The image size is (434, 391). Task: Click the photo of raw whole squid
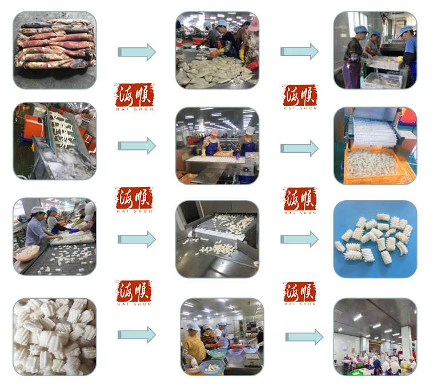(x=55, y=50)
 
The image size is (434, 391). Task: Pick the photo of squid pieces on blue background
(x=375, y=239)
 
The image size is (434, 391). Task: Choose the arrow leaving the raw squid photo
(x=136, y=52)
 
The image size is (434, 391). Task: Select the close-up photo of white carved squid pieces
(x=55, y=336)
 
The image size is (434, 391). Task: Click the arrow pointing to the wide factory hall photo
(x=304, y=337)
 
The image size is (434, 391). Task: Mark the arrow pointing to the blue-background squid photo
(x=299, y=239)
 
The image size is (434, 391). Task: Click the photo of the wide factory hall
(x=375, y=337)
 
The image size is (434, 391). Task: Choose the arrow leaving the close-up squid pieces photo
(x=136, y=335)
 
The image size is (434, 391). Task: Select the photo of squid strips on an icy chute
(x=55, y=141)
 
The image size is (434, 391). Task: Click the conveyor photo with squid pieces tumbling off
(x=218, y=239)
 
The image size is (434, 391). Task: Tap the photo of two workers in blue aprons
(x=218, y=146)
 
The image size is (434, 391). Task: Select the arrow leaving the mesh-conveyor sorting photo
(x=136, y=239)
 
